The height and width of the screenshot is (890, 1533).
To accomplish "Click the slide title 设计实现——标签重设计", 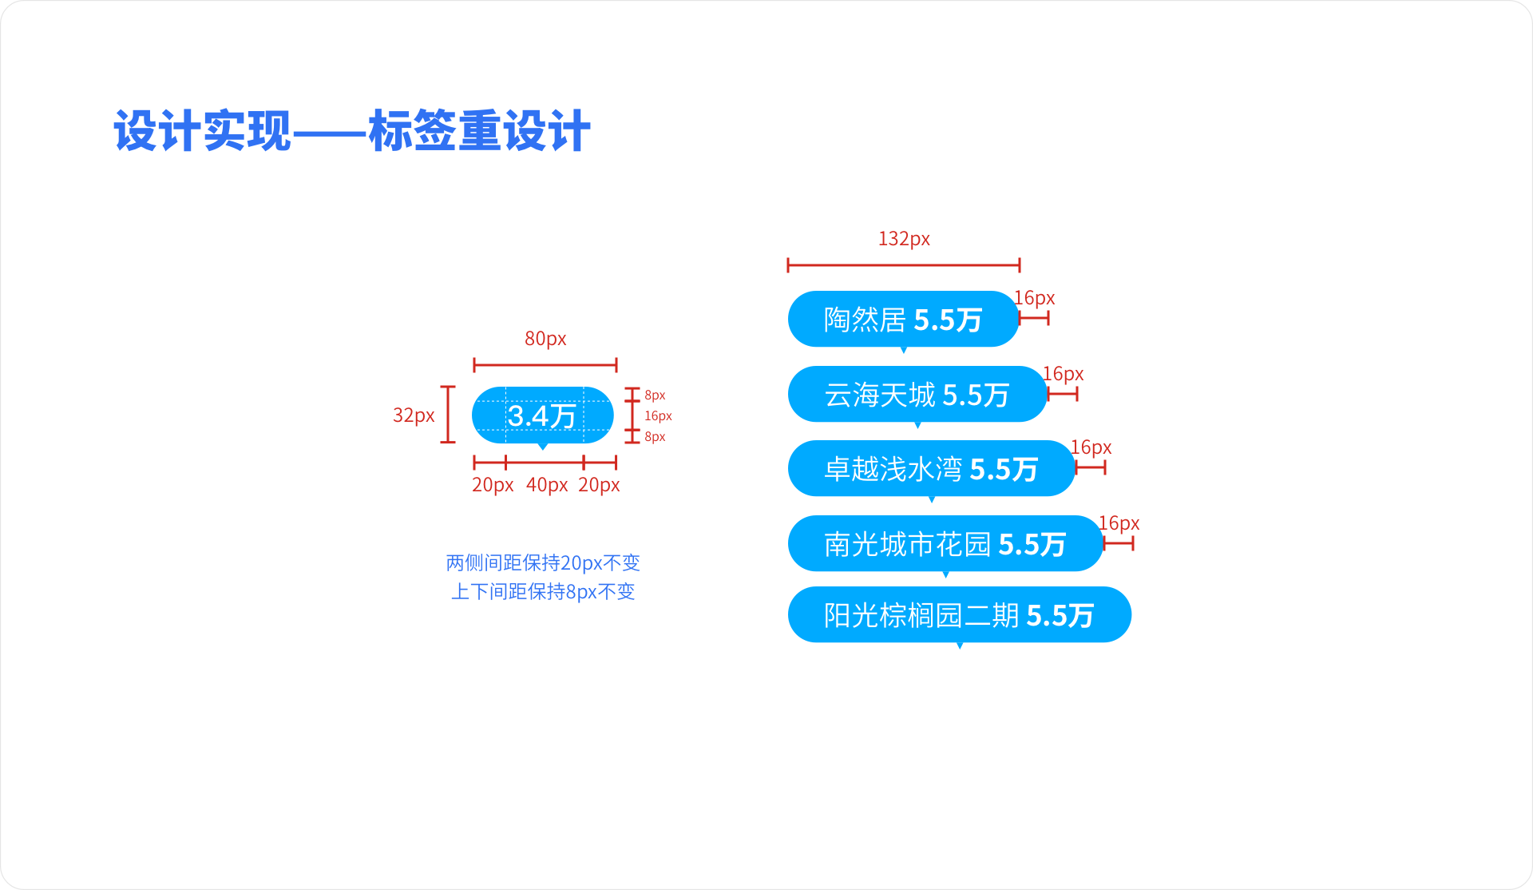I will tap(352, 131).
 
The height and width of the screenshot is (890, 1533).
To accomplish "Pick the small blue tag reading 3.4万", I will tap(543, 415).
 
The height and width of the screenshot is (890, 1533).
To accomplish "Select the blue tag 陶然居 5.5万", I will tap(903, 319).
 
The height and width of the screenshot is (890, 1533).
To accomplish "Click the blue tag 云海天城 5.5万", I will tap(917, 394).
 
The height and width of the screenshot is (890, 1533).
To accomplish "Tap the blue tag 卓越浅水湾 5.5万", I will tap(931, 468).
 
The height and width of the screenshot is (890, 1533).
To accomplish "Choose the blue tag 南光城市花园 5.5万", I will tap(945, 543).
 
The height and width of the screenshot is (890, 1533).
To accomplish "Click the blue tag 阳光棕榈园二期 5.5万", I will tap(959, 614).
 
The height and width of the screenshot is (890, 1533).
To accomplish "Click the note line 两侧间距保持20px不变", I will tap(543, 562).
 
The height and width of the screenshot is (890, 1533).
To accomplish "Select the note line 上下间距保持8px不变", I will tap(543, 591).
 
